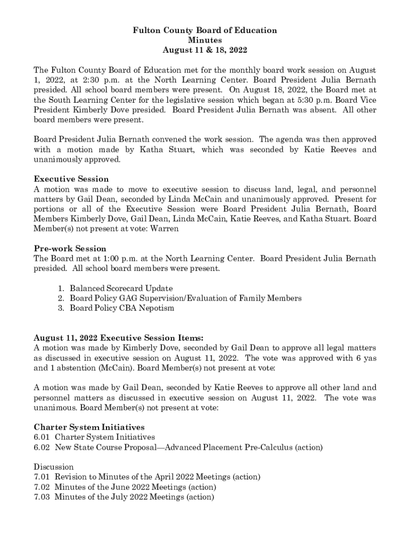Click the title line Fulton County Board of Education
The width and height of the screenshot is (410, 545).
[205, 30]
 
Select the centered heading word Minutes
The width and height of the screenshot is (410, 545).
[205, 40]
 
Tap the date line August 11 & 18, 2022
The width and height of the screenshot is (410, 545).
[205, 51]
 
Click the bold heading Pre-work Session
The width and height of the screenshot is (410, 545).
[70, 249]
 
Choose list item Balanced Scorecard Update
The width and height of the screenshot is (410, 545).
[121, 288]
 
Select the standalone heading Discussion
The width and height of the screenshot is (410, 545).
[54, 467]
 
